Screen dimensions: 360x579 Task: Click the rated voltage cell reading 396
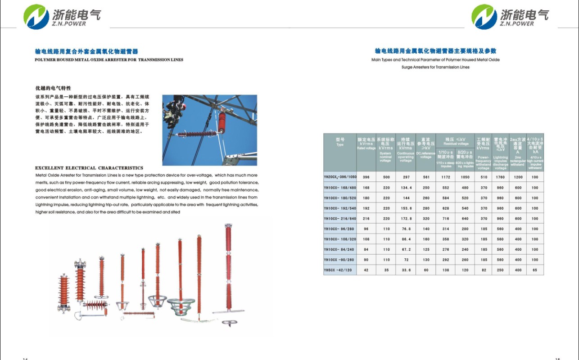tap(366, 177)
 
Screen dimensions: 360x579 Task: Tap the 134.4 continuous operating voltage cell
tap(406, 188)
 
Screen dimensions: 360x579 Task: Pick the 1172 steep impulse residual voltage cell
tap(446, 177)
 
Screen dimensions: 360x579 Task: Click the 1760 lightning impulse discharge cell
tap(500, 177)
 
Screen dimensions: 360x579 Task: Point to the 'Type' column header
tap(340, 142)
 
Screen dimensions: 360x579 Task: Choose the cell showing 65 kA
tap(535, 270)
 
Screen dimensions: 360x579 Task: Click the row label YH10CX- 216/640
tap(340, 219)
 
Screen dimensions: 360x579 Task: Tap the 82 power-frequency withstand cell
tap(484, 270)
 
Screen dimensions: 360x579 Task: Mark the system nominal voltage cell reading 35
tap(386, 270)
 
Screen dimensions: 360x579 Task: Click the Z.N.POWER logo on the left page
tap(62, 16)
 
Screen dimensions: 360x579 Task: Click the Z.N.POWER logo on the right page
tap(510, 16)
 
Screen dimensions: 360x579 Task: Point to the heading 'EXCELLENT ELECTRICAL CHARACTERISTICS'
tap(89, 168)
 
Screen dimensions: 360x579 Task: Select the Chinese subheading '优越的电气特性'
tap(53, 88)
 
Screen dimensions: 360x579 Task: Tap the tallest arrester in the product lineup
tap(228, 270)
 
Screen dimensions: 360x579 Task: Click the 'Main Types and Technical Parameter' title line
tap(435, 59)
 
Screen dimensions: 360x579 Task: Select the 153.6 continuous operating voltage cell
tap(406, 208)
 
